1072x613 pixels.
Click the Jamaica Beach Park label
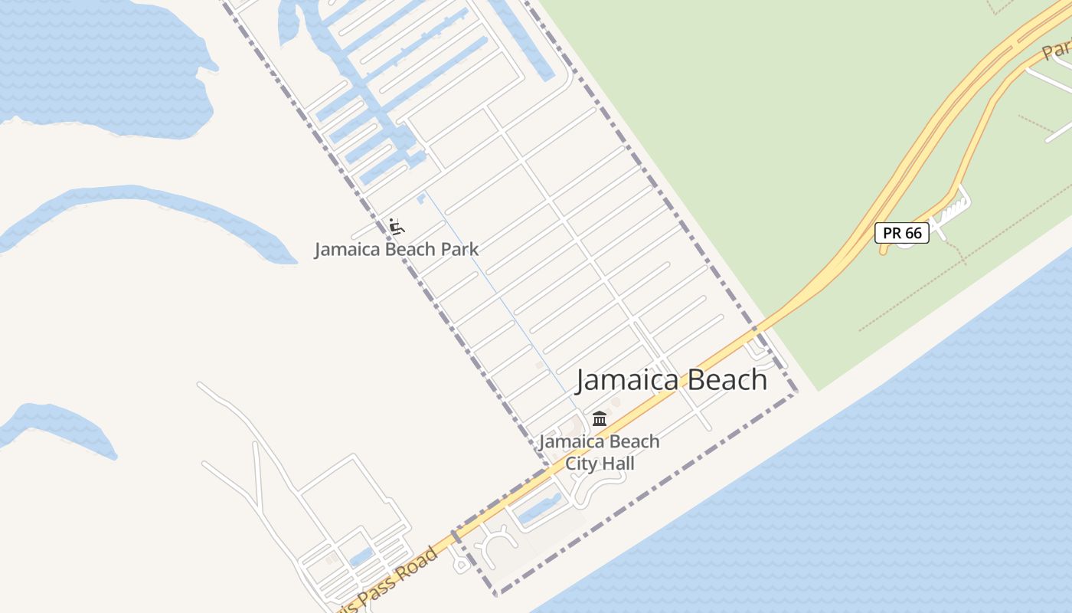(396, 249)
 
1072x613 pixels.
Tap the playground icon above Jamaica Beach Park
(396, 226)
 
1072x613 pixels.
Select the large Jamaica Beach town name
(671, 380)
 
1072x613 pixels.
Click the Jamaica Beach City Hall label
(599, 452)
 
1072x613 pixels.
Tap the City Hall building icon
(600, 419)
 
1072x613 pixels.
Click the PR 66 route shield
(902, 233)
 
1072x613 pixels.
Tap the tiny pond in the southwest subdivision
(361, 557)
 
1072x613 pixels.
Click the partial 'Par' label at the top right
(1057, 51)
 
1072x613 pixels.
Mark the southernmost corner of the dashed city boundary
(495, 594)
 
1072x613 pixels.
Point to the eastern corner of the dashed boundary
(796, 392)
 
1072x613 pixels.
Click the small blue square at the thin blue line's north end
(421, 198)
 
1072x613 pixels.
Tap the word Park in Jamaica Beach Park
(458, 249)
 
